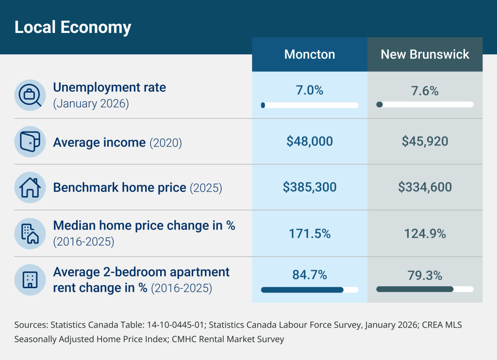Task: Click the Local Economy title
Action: (x=73, y=27)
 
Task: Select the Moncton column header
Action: (x=310, y=54)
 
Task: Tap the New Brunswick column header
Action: (x=425, y=54)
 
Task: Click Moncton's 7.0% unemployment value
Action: (x=310, y=90)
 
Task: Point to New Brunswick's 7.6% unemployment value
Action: (x=425, y=91)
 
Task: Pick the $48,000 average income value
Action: (x=310, y=141)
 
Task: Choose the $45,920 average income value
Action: (x=425, y=141)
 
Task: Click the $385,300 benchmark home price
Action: (x=310, y=187)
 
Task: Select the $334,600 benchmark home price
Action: (x=425, y=187)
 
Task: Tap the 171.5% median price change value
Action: (x=310, y=234)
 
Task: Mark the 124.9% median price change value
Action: (x=425, y=234)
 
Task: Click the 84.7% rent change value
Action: (x=310, y=275)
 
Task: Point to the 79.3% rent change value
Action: (x=425, y=276)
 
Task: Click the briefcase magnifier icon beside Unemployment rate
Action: (x=30, y=95)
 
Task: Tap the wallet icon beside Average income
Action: (x=30, y=142)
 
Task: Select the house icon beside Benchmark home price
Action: (x=30, y=188)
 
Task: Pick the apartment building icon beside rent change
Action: (x=30, y=280)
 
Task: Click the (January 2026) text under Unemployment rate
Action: (x=91, y=104)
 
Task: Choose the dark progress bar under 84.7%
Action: (x=302, y=290)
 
